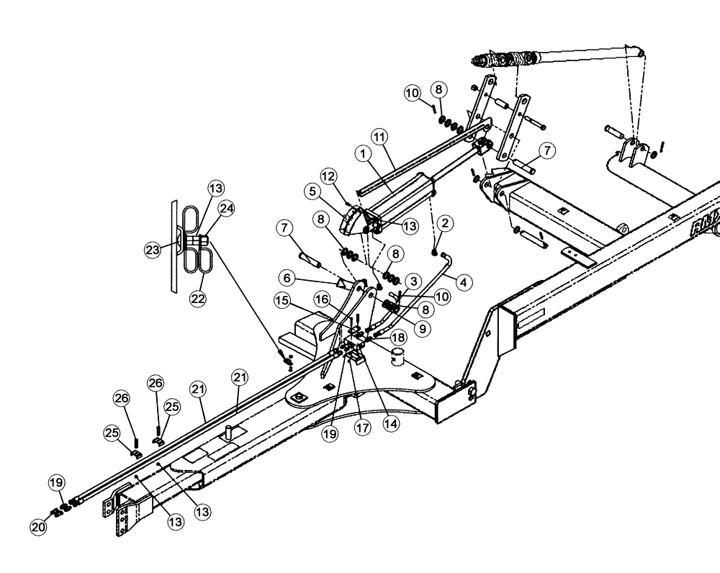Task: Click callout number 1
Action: pos(362,153)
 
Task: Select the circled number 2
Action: pos(446,224)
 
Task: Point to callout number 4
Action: pos(463,281)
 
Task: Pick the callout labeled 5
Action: pos(312,192)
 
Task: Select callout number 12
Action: pos(328,176)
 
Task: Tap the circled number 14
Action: pos(393,424)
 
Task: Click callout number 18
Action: pos(397,337)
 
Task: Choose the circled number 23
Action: pos(153,250)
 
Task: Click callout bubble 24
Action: pos(226,209)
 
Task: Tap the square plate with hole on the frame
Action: pos(298,397)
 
